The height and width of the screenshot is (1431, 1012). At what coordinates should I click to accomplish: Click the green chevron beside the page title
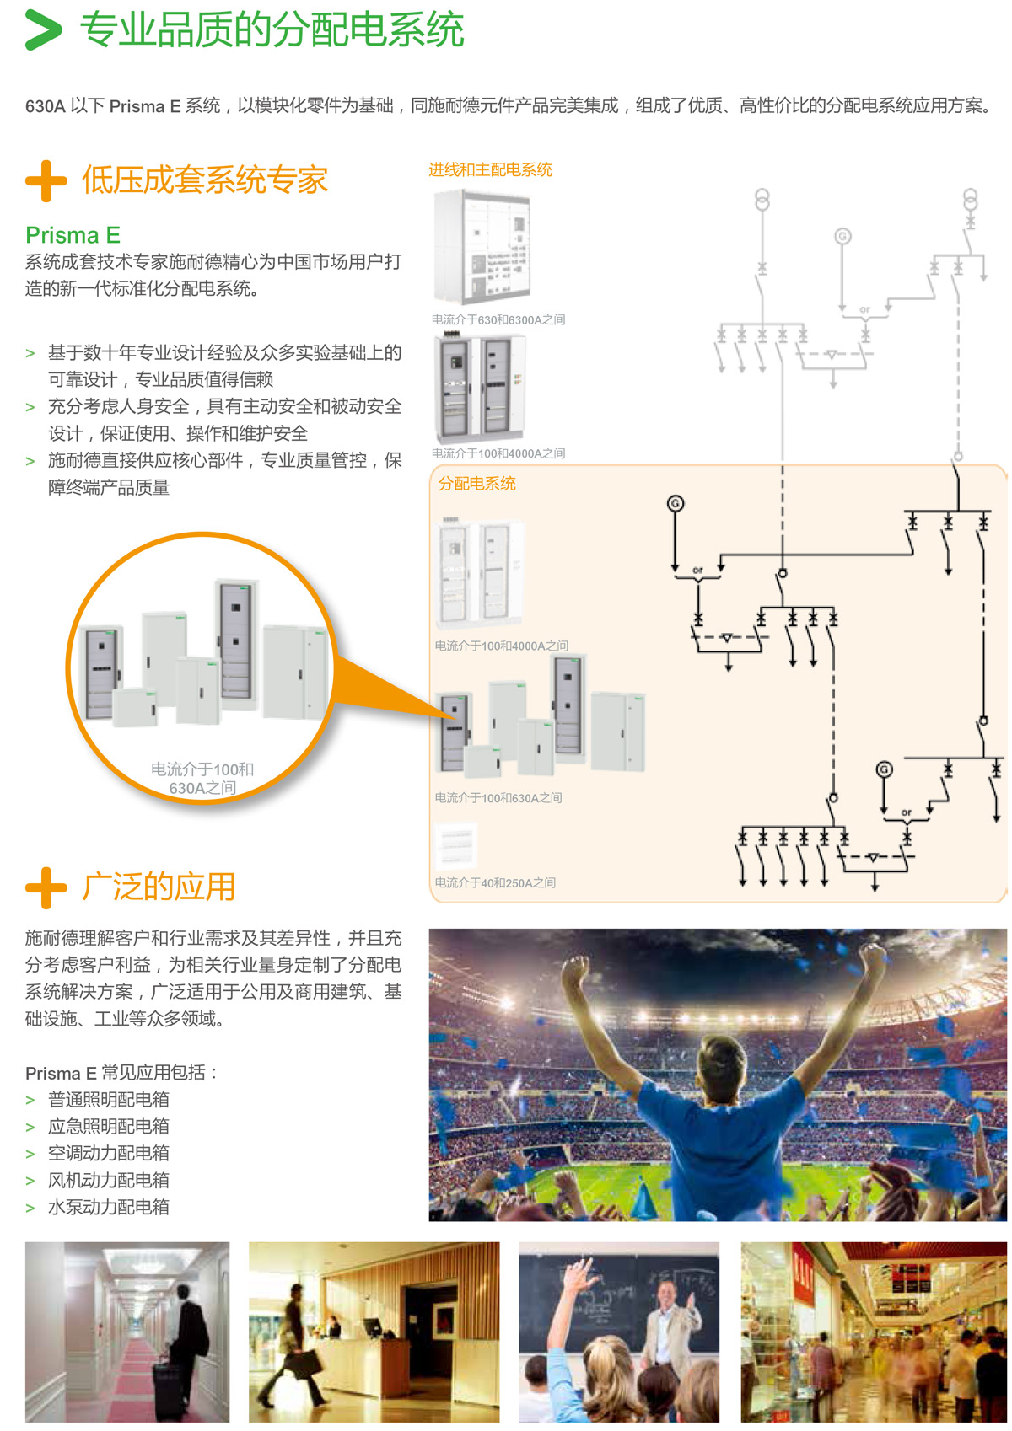pyautogui.click(x=43, y=30)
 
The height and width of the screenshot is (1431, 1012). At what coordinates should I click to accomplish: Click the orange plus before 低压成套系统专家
pyautogui.click(x=46, y=180)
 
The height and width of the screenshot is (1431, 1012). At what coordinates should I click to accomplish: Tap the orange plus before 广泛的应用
pyautogui.click(x=46, y=887)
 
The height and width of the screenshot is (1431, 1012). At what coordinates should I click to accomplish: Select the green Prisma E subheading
pyautogui.click(x=73, y=234)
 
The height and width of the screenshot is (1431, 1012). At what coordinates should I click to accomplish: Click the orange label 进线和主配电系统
pyautogui.click(x=490, y=169)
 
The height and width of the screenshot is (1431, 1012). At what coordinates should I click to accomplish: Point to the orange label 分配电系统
pyautogui.click(x=476, y=484)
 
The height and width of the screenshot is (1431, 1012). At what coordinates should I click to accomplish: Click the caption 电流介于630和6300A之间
pyautogui.click(x=498, y=319)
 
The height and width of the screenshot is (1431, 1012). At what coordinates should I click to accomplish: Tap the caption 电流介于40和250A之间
pyautogui.click(x=495, y=882)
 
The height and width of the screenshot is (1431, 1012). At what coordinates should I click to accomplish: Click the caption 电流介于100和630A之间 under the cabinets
pyautogui.click(x=498, y=797)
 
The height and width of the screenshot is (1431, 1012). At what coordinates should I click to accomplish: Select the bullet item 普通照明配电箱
pyautogui.click(x=108, y=1099)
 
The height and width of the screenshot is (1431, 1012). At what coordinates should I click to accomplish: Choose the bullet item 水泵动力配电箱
pyautogui.click(x=108, y=1207)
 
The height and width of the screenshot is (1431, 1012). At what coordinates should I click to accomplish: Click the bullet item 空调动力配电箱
pyautogui.click(x=108, y=1153)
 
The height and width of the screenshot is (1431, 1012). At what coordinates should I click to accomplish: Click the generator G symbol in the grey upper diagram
pyautogui.click(x=842, y=237)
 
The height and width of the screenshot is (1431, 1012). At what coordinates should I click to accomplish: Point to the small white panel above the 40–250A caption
pyautogui.click(x=455, y=845)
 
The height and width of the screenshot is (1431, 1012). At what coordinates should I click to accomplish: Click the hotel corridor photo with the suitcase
pyautogui.click(x=126, y=1332)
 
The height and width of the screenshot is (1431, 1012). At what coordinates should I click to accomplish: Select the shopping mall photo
pyautogui.click(x=874, y=1332)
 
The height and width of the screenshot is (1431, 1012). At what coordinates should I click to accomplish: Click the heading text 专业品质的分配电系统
pyautogui.click(x=272, y=30)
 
